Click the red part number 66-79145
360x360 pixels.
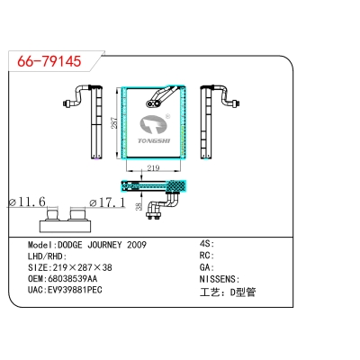click(x=49, y=61)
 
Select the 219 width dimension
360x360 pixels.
click(x=153, y=168)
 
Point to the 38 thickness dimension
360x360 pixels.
click(x=139, y=206)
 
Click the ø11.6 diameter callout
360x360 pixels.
click(x=27, y=202)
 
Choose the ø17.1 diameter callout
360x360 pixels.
click(x=107, y=202)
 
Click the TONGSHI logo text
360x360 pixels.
click(x=154, y=140)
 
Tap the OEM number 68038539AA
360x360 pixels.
click(x=72, y=279)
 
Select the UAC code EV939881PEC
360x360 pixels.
click(x=75, y=290)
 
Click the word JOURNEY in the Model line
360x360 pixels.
click(x=104, y=245)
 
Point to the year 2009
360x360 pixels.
click(x=137, y=245)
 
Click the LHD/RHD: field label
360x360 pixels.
click(x=47, y=256)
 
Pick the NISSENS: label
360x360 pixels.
click(x=220, y=279)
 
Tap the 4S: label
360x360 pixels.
click(x=207, y=244)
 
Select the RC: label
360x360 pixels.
click(x=207, y=256)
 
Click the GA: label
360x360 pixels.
click(x=207, y=267)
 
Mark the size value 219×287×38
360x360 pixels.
click(x=82, y=267)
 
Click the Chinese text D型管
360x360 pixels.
click(x=243, y=292)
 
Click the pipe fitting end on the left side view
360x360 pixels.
click(x=67, y=103)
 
